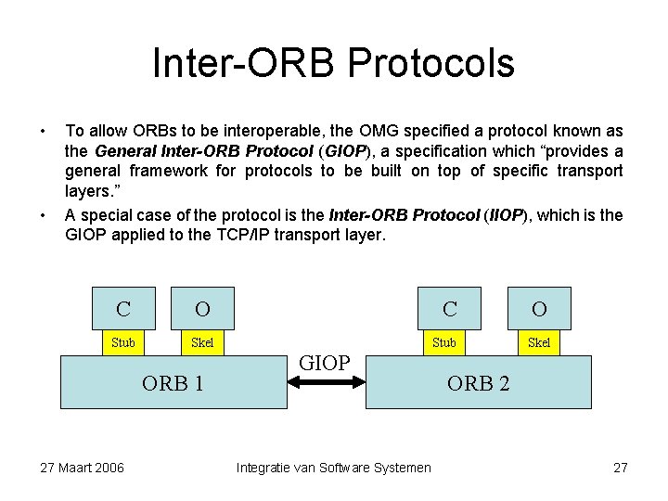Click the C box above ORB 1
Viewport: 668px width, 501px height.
123,308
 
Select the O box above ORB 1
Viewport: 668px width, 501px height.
202,308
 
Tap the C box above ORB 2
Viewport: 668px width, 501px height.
450,308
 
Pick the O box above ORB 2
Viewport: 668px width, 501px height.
539,308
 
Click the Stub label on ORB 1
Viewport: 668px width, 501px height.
123,342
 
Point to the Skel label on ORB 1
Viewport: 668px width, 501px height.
202,342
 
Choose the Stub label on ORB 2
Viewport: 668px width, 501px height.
444,342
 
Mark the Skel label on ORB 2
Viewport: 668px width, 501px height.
539,342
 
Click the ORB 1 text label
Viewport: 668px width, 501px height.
173,382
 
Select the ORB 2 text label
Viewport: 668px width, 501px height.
478,382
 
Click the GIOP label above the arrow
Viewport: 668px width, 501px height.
325,363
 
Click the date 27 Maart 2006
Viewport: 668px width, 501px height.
83,467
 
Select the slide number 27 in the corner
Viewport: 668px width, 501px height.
621,467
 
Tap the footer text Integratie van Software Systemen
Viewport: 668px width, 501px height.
334,467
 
